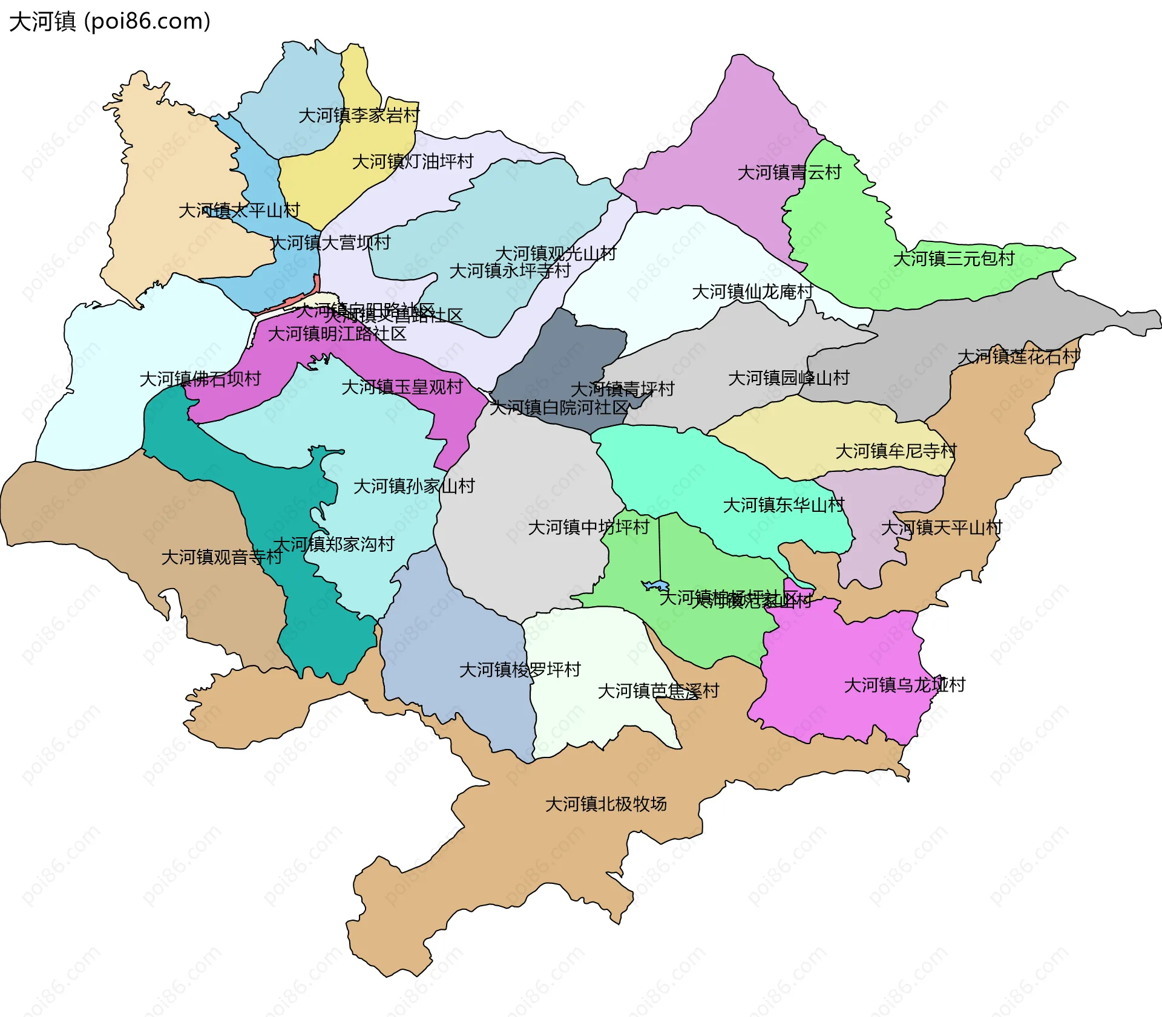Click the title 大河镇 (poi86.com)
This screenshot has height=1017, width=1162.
[x=110, y=21]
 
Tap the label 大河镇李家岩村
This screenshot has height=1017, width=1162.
[x=359, y=115]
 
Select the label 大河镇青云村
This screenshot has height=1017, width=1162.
[x=789, y=172]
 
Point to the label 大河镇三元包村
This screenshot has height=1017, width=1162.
[x=954, y=258]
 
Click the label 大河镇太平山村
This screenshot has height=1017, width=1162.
[x=239, y=211]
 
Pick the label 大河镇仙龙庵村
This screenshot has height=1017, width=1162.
[x=752, y=292]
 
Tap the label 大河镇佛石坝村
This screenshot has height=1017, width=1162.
[x=200, y=379]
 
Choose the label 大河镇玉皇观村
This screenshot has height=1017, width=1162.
[x=402, y=387]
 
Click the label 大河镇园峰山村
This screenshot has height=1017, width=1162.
[x=789, y=378]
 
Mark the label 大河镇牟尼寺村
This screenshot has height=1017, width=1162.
[x=896, y=451]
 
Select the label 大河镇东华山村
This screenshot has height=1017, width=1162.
[x=784, y=505]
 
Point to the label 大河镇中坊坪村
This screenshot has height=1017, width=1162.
[x=589, y=527]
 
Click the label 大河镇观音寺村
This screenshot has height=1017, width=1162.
[x=222, y=557]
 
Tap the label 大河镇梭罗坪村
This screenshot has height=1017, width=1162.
[x=520, y=669]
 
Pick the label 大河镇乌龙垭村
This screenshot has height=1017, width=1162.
[x=905, y=685]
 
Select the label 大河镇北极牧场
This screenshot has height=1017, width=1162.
[x=606, y=803]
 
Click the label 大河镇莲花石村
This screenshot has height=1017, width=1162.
[x=1019, y=356]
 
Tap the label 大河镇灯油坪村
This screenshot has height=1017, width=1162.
[x=413, y=162]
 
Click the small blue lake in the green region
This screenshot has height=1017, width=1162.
[x=656, y=586]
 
